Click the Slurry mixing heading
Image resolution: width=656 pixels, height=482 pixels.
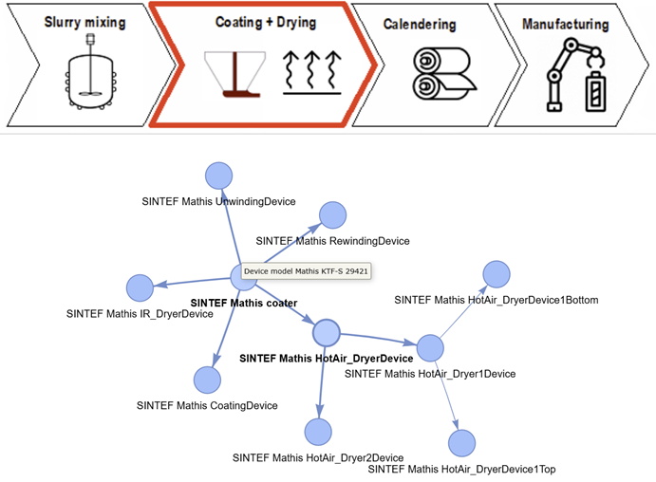pyautogui.click(x=84, y=23)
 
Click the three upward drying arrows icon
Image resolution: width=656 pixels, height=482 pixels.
pyautogui.click(x=311, y=74)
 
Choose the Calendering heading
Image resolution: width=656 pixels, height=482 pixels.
pyautogui.click(x=419, y=25)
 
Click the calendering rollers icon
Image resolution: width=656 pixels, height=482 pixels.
pyautogui.click(x=440, y=76)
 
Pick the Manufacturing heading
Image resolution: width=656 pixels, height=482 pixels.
pyautogui.click(x=567, y=25)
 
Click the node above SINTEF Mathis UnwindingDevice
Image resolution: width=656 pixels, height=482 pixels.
pyautogui.click(x=219, y=176)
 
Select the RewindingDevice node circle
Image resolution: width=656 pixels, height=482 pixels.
pyautogui.click(x=332, y=215)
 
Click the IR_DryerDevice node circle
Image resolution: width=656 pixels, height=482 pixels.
pyautogui.click(x=140, y=287)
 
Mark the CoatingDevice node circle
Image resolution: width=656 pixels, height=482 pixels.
pyautogui.click(x=207, y=380)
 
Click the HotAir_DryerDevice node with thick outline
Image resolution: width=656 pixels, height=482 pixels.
pyautogui.click(x=326, y=333)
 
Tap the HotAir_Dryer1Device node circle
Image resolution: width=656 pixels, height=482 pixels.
pyautogui.click(x=430, y=348)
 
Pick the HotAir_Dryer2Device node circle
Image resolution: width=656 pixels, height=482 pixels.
pyautogui.click(x=318, y=432)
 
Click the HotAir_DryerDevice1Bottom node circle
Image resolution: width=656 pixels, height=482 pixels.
pyautogui.click(x=497, y=274)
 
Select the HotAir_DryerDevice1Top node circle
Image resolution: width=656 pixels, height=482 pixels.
pyautogui.click(x=461, y=443)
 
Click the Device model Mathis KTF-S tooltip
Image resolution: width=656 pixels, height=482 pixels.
pyautogui.click(x=306, y=271)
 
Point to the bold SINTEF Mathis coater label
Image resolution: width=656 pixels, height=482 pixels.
pyautogui.click(x=244, y=304)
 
